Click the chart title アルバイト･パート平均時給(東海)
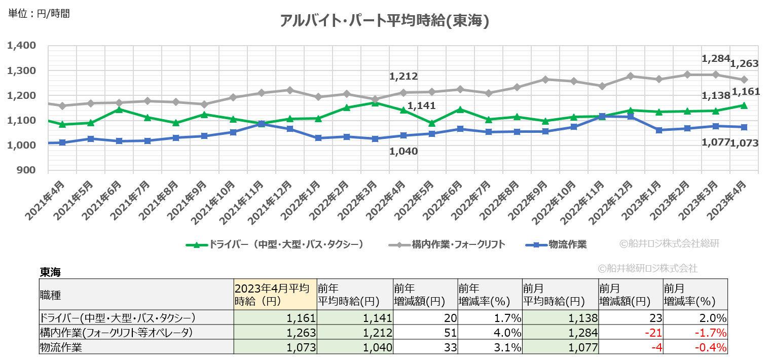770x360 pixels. coord(384,21)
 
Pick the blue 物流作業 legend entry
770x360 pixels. coord(558,244)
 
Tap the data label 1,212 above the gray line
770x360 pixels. coord(404,77)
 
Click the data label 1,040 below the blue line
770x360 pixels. coord(404,151)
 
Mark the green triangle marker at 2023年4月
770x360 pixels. coord(744,105)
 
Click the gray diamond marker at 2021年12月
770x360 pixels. coord(289,90)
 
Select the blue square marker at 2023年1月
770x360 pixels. coord(659,130)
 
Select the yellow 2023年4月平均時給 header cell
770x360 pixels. coord(275,295)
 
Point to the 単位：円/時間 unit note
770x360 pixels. coord(39,14)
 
